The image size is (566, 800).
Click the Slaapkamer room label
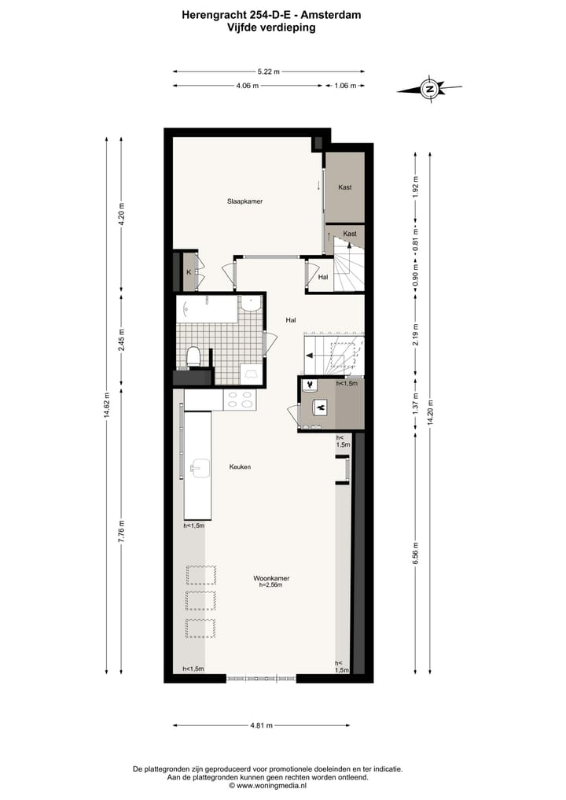click(244, 201)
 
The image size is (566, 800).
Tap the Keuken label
click(240, 466)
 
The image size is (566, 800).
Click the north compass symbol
click(429, 89)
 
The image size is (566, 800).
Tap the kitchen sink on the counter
click(198, 470)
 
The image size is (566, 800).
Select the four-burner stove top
click(240, 400)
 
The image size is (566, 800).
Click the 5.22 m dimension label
click(269, 71)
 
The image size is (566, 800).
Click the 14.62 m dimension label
click(107, 406)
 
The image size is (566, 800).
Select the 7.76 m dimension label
click(121, 531)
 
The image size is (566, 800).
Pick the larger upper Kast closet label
click(344, 187)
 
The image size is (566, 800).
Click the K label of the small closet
click(189, 272)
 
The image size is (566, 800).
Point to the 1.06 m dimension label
click(345, 86)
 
